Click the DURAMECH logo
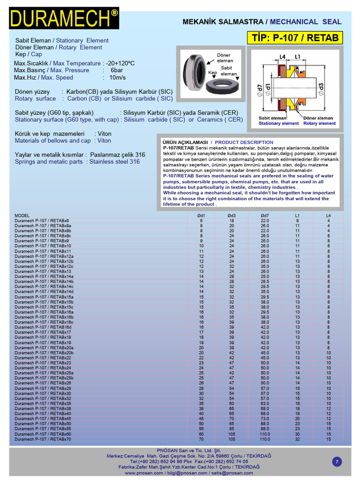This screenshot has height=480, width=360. coord(64,18)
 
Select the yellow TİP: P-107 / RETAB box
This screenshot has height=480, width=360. coord(295,38)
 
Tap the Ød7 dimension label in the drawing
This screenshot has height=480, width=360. coord(260,90)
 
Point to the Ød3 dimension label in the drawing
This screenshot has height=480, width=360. coord(321,89)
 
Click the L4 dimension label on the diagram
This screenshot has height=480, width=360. coord(283,57)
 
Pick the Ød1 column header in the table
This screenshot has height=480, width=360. coord(201,216)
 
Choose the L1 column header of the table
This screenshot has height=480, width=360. coord(297,216)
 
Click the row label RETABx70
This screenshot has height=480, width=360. coord(43,439)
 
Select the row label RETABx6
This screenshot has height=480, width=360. coord(42,220)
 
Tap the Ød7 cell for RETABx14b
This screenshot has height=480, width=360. coord(265,281)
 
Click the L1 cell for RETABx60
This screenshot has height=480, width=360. coord(297,434)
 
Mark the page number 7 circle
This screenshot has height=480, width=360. coord(337,462)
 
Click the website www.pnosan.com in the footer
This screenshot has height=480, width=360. coord(144,473)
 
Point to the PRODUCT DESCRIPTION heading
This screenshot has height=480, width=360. coord(244,142)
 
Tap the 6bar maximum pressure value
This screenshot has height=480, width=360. coord(117,70)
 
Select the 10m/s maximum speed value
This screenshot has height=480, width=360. coord(118,77)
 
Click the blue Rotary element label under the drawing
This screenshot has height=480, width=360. coord(319,123)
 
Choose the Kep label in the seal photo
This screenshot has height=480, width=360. coord(212,73)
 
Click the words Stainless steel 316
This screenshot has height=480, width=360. coord(114,162)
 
